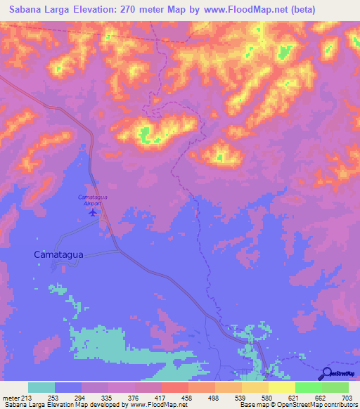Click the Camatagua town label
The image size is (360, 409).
pos(60,255)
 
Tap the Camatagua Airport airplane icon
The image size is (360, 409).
pos(92,211)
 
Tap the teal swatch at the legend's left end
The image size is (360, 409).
pos(41,387)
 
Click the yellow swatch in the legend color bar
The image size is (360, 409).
pos(281,387)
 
